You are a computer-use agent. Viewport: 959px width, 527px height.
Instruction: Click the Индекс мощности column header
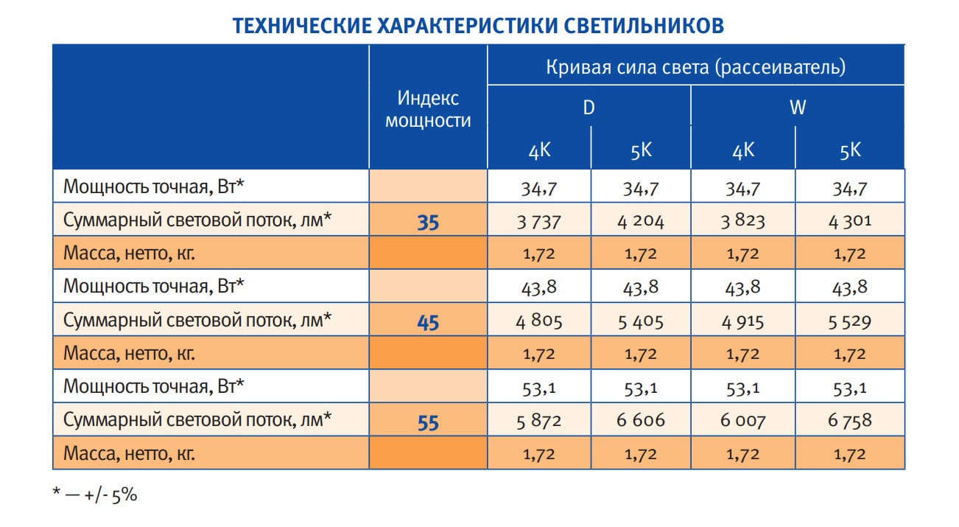point(428,109)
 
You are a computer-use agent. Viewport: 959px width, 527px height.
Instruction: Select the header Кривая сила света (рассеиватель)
point(695,67)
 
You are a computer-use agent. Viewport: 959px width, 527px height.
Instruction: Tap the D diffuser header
point(589,108)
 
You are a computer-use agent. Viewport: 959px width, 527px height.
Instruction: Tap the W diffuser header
point(798,108)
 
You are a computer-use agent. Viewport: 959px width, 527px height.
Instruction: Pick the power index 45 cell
point(428,322)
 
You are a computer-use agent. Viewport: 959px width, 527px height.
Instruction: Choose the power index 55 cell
point(428,422)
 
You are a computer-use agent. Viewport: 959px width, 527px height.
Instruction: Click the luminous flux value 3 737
point(538,221)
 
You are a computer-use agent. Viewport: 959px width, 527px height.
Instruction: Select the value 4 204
point(640,221)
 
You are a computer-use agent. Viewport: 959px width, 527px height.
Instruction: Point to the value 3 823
point(743,221)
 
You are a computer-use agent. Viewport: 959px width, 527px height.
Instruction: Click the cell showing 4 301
point(850,221)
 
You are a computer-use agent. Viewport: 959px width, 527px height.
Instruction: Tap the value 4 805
point(538,321)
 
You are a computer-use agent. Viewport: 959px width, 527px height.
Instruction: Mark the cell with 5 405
point(640,321)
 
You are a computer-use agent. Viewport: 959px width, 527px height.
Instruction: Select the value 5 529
point(850,321)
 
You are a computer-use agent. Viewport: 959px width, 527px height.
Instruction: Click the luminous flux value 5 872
point(538,421)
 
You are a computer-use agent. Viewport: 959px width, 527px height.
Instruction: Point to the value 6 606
point(640,421)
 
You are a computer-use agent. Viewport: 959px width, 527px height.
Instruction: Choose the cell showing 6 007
point(743,421)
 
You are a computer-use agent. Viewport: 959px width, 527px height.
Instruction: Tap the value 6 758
point(850,421)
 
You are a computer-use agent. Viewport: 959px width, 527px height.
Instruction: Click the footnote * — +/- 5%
point(95,495)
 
